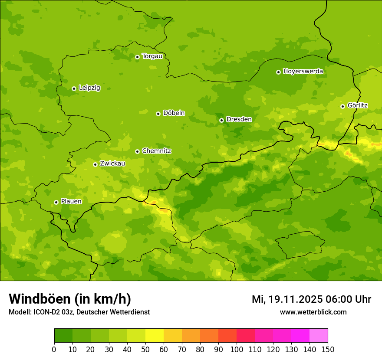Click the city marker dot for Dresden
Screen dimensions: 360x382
click(221, 120)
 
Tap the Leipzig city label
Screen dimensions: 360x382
click(89, 88)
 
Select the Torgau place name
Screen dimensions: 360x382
click(152, 56)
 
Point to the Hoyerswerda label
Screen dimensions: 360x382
click(303, 72)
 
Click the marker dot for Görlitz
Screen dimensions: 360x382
click(342, 106)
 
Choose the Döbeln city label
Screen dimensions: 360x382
click(174, 113)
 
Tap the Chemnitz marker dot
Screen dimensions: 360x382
click(137, 151)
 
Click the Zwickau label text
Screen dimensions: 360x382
click(112, 164)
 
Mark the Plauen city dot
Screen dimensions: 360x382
click(56, 202)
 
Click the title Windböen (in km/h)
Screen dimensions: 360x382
click(70, 299)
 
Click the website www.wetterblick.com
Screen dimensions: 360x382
click(313, 312)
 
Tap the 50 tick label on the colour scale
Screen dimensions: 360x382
click(145, 349)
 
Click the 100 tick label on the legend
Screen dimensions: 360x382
click(237, 349)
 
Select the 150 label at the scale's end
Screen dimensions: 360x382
click(328, 349)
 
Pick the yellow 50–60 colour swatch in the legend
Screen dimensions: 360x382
click(155, 336)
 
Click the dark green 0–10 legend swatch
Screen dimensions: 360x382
click(63, 336)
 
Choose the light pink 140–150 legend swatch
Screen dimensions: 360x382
click(319, 336)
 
